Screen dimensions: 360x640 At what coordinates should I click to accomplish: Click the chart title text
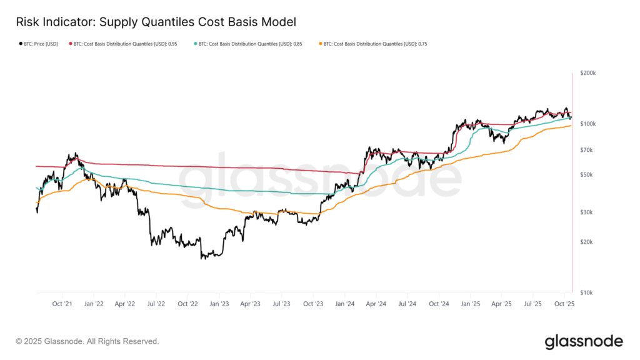(x=156, y=21)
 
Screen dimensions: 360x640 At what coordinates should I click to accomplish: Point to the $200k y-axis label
(x=587, y=73)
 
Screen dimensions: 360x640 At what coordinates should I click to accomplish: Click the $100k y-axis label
(x=587, y=124)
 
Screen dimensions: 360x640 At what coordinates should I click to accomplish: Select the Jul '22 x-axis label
(x=156, y=304)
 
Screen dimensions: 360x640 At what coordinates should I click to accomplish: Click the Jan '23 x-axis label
(x=219, y=304)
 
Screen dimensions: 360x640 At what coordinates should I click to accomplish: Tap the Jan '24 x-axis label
(x=345, y=304)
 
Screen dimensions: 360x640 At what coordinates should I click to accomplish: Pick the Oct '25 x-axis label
(x=564, y=304)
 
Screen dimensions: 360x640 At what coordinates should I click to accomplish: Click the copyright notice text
(x=87, y=341)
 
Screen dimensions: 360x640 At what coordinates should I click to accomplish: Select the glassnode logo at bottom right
(x=584, y=341)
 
